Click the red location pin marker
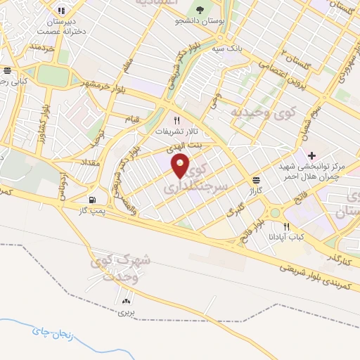point(181,166)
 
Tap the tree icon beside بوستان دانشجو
point(201,10)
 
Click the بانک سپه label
point(229,49)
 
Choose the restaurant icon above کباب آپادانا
point(286,226)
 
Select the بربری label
point(126,310)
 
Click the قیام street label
point(132,117)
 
